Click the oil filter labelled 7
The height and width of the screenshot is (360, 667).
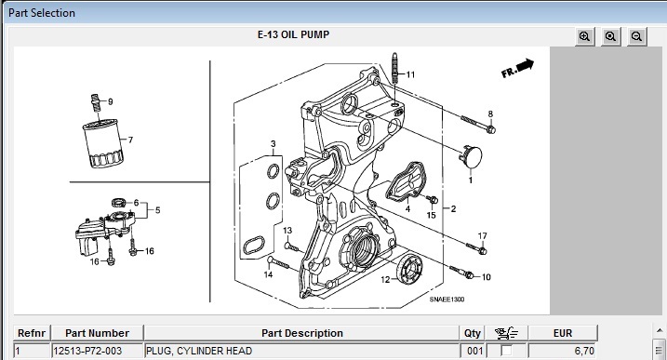(103, 143)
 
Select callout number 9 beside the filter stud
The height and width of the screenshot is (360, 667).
(111, 101)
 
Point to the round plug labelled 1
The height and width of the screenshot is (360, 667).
(471, 156)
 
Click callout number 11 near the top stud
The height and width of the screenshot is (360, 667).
(410, 75)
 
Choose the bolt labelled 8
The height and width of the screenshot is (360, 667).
(478, 124)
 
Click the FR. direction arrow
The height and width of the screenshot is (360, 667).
(517, 68)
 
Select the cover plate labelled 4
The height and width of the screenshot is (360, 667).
(406, 180)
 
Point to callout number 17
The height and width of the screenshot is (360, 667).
(483, 236)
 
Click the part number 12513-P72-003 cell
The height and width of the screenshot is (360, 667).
(97, 351)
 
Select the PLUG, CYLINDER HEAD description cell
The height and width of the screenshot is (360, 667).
(301, 351)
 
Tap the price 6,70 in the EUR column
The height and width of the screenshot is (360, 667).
(584, 351)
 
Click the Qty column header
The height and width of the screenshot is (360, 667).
(473, 333)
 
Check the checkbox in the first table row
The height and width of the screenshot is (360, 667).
(506, 351)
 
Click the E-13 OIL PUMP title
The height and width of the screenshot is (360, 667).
(293, 35)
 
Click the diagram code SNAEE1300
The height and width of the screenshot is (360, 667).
(447, 300)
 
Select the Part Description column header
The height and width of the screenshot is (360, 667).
(301, 333)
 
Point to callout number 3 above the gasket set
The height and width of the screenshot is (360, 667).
(273, 144)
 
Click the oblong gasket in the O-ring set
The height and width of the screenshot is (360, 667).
(254, 246)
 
